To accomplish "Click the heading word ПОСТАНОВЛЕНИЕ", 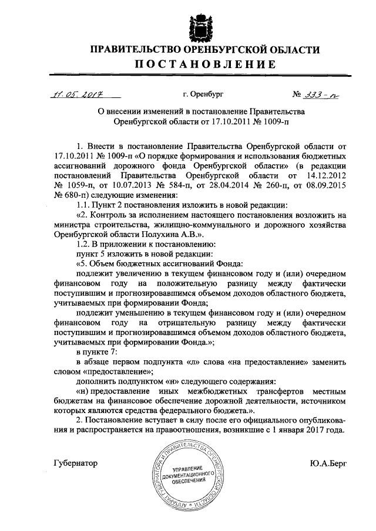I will [x=199, y=65].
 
